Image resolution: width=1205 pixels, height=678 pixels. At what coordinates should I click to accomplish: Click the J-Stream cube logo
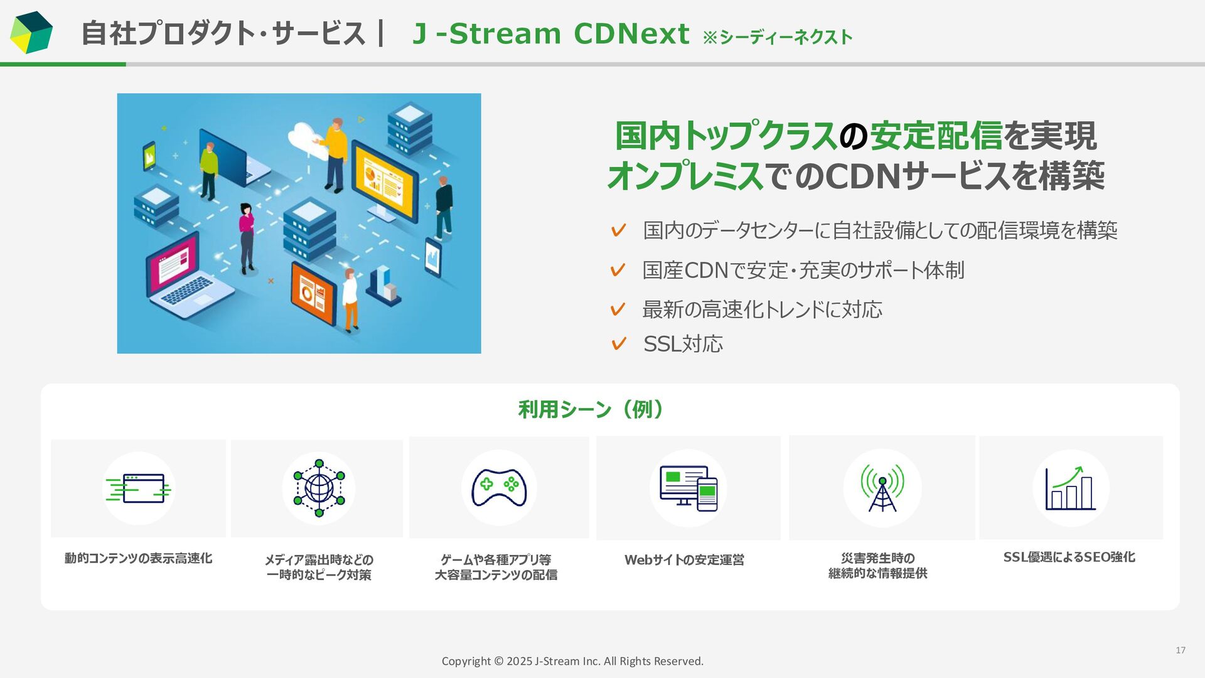coord(31,33)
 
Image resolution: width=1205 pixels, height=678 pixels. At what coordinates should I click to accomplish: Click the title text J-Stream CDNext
coord(550,34)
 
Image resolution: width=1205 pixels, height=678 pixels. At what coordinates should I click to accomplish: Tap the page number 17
coord(1180,650)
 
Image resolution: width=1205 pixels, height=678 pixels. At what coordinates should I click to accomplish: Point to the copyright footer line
coord(572,661)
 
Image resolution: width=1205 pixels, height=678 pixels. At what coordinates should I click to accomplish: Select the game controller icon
coord(499,488)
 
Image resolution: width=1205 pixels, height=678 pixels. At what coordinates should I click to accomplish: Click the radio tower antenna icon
coord(882,488)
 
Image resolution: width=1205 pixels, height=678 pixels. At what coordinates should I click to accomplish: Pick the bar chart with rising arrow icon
coord(1071,488)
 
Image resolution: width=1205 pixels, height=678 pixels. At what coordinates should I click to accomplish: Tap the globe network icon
coord(319,488)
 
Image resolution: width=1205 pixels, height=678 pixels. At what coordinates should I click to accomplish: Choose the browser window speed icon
coord(139,488)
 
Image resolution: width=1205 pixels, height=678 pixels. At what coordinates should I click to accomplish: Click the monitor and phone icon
coord(688,488)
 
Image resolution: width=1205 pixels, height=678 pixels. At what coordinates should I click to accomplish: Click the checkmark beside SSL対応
coord(618,344)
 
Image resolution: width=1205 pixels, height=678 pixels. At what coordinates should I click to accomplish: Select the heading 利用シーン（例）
coord(591,409)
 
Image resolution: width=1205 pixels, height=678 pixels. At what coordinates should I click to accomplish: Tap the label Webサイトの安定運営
coord(684,559)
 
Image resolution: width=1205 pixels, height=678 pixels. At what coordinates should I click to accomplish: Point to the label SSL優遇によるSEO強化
coord(1069,557)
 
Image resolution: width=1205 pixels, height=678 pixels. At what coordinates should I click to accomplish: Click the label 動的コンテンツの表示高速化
coord(138,558)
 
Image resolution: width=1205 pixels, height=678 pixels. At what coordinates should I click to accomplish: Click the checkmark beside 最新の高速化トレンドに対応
coord(618,309)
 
